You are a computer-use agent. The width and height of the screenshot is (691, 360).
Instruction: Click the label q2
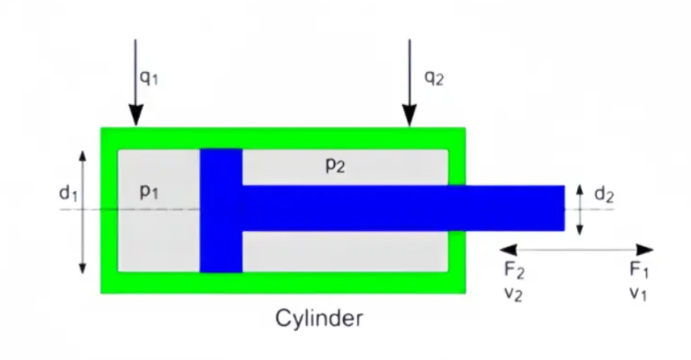click(x=433, y=77)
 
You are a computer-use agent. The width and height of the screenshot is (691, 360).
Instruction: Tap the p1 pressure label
click(x=149, y=192)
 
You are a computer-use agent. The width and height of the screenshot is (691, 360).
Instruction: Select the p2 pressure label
click(x=335, y=165)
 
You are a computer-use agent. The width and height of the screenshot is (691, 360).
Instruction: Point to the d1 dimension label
click(x=68, y=194)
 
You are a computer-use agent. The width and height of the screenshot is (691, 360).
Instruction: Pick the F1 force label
click(x=639, y=269)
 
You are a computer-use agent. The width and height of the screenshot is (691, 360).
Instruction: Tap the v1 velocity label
click(x=638, y=293)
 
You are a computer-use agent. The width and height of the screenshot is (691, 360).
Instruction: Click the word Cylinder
click(x=318, y=318)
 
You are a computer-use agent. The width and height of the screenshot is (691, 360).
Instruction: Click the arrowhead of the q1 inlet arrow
click(x=135, y=117)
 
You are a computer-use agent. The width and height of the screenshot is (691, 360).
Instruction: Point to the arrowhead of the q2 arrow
click(x=409, y=117)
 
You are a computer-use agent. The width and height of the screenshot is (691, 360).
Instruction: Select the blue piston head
click(x=221, y=209)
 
